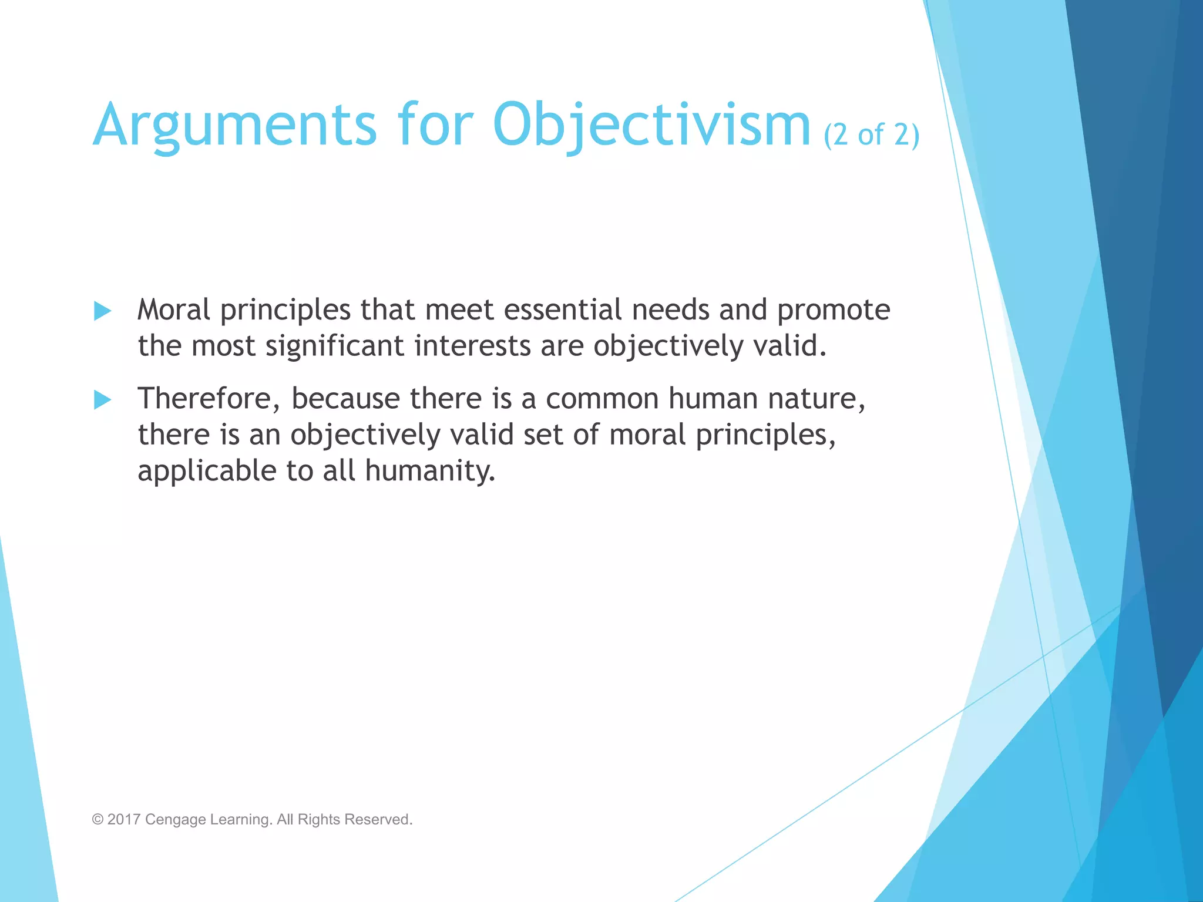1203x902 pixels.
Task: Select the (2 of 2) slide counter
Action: [871, 135]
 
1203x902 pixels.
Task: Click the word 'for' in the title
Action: [435, 124]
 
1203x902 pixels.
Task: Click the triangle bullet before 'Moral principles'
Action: [102, 311]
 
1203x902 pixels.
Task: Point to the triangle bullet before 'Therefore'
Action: [102, 400]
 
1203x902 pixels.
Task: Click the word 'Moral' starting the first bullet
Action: [173, 310]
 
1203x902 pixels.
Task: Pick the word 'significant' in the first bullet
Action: [335, 346]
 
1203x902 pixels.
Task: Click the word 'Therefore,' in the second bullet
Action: [209, 399]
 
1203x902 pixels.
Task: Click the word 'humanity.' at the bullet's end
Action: [430, 472]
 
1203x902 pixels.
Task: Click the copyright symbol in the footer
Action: [98, 820]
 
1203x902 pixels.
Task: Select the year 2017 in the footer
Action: [123, 820]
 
